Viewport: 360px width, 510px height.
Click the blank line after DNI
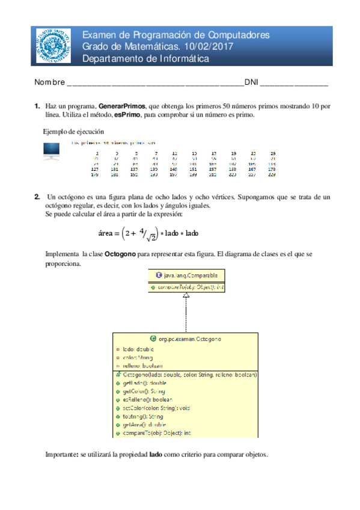(294, 82)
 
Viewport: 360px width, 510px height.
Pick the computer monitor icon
(51, 152)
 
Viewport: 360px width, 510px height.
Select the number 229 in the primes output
(272, 176)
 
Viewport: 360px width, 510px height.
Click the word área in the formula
(106, 233)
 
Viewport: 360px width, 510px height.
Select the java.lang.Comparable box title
(186, 275)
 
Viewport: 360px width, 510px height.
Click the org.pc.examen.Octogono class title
(188, 339)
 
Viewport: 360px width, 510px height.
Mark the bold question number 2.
(37, 197)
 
